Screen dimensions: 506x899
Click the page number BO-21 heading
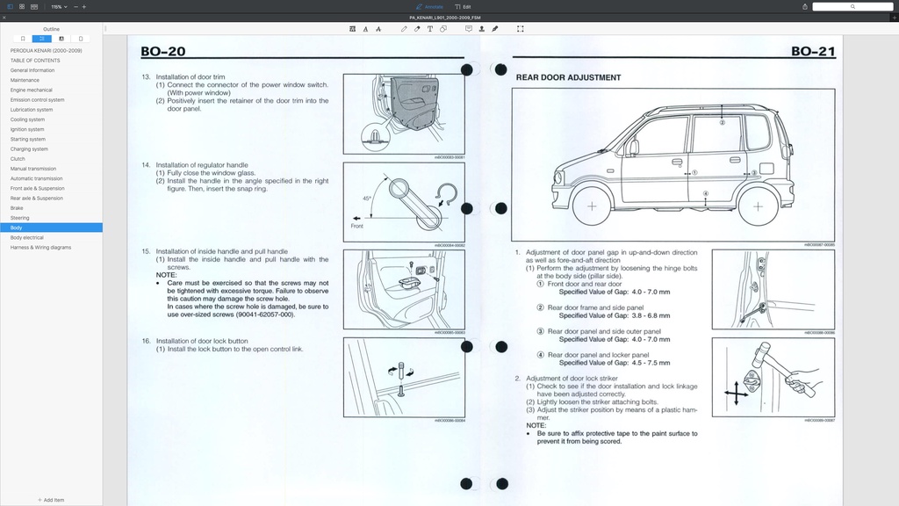coord(813,51)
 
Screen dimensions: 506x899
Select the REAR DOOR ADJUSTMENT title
coord(568,77)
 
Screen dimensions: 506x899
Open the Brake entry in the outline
coord(17,208)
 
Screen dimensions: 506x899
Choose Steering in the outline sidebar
coord(19,218)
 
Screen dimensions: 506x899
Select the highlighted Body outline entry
coord(17,228)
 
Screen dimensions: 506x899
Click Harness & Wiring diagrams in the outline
coord(40,247)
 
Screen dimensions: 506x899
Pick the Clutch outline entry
coord(18,159)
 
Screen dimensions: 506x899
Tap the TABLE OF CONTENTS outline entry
coord(35,61)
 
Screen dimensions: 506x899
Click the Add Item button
coord(51,500)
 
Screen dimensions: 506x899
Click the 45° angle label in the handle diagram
coord(367,199)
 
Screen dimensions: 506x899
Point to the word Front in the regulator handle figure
coord(357,227)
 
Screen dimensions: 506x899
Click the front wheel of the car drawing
coord(592,206)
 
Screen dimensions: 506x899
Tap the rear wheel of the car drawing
coord(756,206)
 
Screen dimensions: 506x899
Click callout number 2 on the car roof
coord(722,123)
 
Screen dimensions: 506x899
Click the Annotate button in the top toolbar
coord(432,6)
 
